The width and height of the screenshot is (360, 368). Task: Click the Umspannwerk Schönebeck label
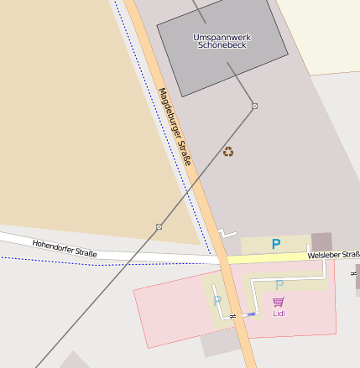click(221, 41)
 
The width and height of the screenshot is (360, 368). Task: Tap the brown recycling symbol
click(228, 152)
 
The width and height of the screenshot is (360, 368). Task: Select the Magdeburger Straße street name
click(175, 126)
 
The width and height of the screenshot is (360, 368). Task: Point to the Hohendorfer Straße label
click(65, 248)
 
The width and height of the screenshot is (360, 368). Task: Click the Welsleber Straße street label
click(333, 255)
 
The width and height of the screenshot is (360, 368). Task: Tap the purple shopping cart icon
click(278, 302)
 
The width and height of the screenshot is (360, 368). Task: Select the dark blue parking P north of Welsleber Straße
click(275, 244)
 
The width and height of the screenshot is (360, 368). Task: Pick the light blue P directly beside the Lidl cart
click(279, 285)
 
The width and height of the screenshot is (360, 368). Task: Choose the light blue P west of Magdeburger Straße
click(217, 300)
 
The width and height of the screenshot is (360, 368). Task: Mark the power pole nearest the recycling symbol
click(254, 106)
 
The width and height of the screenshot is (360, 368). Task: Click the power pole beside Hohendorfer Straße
click(159, 226)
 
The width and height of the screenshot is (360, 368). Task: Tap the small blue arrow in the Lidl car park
click(250, 314)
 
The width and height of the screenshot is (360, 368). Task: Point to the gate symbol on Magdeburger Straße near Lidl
click(232, 315)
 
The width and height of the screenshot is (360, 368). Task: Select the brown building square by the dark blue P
click(321, 242)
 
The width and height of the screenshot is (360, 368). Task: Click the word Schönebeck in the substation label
click(221, 45)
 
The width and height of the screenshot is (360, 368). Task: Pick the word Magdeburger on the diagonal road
click(167, 110)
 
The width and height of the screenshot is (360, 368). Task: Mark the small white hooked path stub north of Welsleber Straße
click(227, 232)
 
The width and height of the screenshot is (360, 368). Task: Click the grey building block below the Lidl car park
click(221, 345)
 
